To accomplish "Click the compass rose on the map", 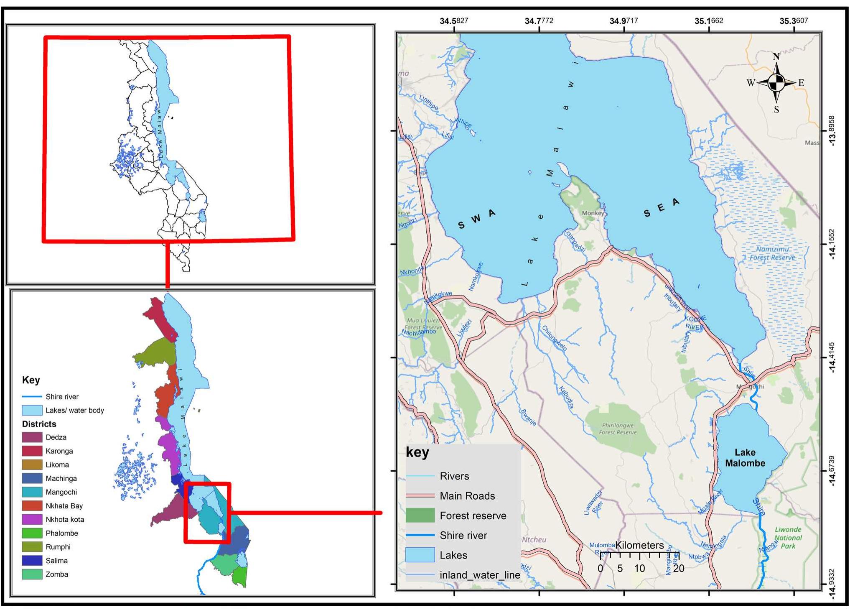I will pyautogui.click(x=776, y=83).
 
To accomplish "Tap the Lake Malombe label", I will pyautogui.click(x=745, y=458).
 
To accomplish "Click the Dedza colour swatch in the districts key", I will pyautogui.click(x=32, y=437).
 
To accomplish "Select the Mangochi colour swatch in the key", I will pyautogui.click(x=32, y=492).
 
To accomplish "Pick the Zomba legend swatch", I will pyautogui.click(x=32, y=574).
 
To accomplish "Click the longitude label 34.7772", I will pyautogui.click(x=539, y=21).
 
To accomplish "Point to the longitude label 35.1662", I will pyautogui.click(x=709, y=21).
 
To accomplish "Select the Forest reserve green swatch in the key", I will pyautogui.click(x=420, y=516).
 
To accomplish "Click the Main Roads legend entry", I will pyautogui.click(x=467, y=496).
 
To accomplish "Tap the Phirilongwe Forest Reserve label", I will pyautogui.click(x=618, y=429).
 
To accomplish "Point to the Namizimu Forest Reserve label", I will pyautogui.click(x=772, y=253).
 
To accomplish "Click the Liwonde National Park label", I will pyautogui.click(x=788, y=538).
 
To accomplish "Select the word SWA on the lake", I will pyautogui.click(x=476, y=219).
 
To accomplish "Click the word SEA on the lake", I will pyautogui.click(x=661, y=208).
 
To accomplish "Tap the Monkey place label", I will pyautogui.click(x=593, y=213).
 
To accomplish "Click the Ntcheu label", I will pyautogui.click(x=534, y=540).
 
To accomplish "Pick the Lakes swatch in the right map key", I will pyautogui.click(x=420, y=555).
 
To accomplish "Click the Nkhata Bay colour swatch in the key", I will pyautogui.click(x=32, y=506).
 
